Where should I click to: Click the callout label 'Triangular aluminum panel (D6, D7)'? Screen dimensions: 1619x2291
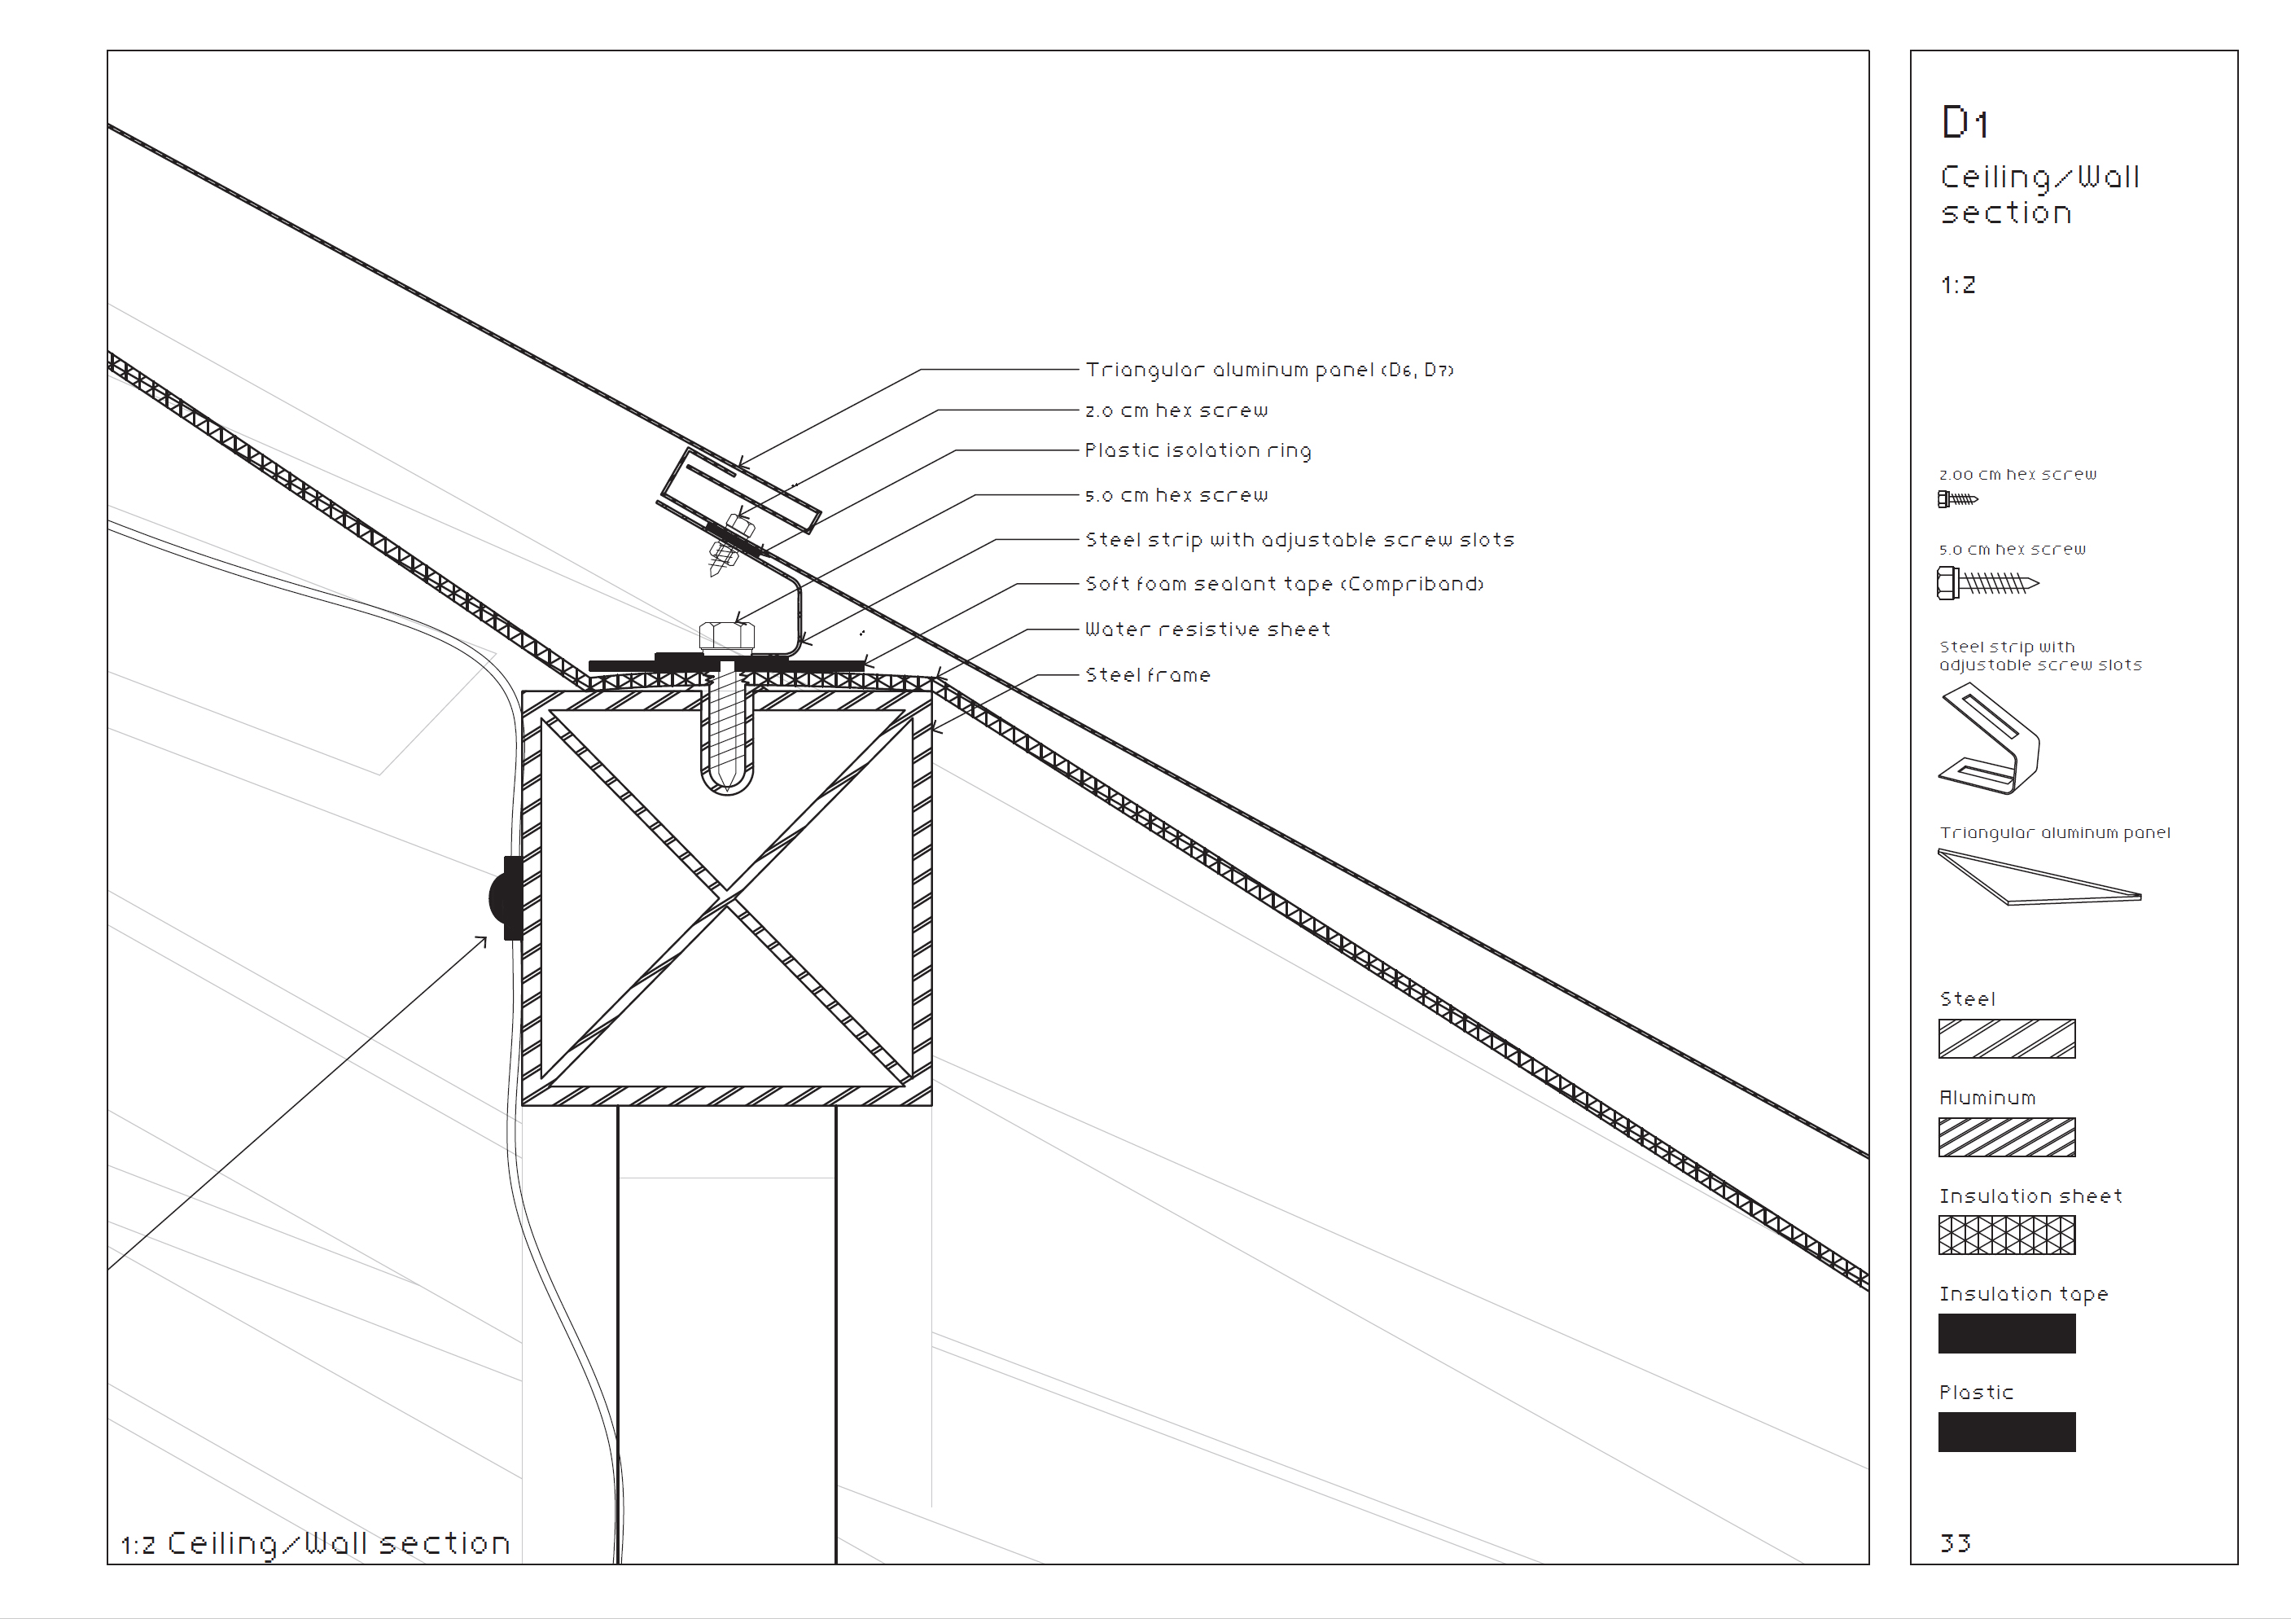click(x=1268, y=371)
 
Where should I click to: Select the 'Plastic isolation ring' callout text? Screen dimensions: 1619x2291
click(x=1198, y=451)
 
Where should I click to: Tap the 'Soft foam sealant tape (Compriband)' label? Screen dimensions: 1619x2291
click(x=1284, y=584)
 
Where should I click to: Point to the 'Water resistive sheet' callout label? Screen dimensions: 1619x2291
click(x=1207, y=630)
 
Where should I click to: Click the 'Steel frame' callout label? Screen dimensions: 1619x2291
click(x=1147, y=676)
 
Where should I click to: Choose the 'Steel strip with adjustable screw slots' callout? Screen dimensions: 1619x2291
click(x=1299, y=540)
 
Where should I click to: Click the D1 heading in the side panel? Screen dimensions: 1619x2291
click(x=1965, y=124)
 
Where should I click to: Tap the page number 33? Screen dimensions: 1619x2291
click(x=1955, y=1544)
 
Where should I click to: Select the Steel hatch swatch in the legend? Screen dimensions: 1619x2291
click(x=2005, y=1039)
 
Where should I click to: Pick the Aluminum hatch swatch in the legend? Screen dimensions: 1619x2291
click(x=2005, y=1137)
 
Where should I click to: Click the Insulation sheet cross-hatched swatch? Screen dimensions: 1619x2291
click(x=2005, y=1235)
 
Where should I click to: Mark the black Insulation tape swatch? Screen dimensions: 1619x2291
click(x=2005, y=1333)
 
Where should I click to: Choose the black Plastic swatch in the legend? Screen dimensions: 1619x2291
click(x=2005, y=1432)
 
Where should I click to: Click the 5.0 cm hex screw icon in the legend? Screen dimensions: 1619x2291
click(x=1986, y=583)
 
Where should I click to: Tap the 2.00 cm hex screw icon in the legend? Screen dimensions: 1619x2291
click(x=1956, y=499)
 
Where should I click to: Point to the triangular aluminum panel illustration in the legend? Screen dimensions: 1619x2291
click(x=2035, y=879)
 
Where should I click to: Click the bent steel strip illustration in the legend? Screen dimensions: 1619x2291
click(x=1990, y=739)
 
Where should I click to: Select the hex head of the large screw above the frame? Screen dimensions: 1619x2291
click(x=726, y=636)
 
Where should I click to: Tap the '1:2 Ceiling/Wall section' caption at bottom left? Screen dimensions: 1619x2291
click(x=315, y=1544)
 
